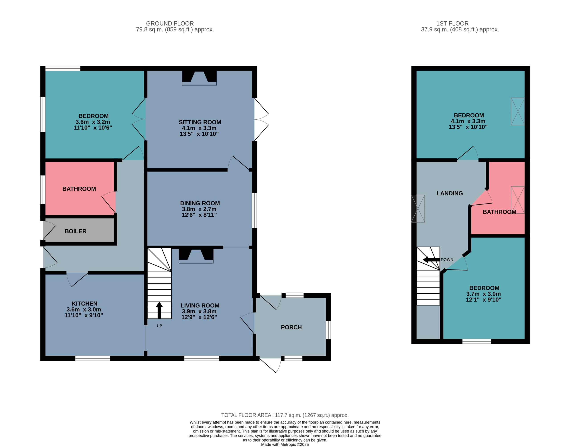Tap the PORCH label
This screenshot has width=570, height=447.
[291, 327]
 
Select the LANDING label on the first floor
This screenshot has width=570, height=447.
[450, 193]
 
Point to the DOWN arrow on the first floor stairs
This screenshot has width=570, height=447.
[431, 260]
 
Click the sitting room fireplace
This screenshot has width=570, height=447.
[199, 78]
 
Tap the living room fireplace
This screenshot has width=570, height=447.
[196, 256]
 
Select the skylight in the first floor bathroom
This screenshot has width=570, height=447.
[518, 200]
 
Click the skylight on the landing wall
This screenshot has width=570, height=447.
[418, 209]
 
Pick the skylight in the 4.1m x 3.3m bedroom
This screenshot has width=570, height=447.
[518, 112]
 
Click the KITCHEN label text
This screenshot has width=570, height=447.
[84, 304]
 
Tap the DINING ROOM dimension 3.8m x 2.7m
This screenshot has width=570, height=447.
[199, 209]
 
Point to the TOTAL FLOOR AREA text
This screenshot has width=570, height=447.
[285, 415]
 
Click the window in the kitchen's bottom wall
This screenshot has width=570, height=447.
[93, 359]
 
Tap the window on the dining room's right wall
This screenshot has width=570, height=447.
[254, 211]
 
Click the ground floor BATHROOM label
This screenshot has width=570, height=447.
[79, 189]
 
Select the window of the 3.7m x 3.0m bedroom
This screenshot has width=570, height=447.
[477, 341]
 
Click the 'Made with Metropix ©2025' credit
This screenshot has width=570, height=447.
[285, 444]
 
